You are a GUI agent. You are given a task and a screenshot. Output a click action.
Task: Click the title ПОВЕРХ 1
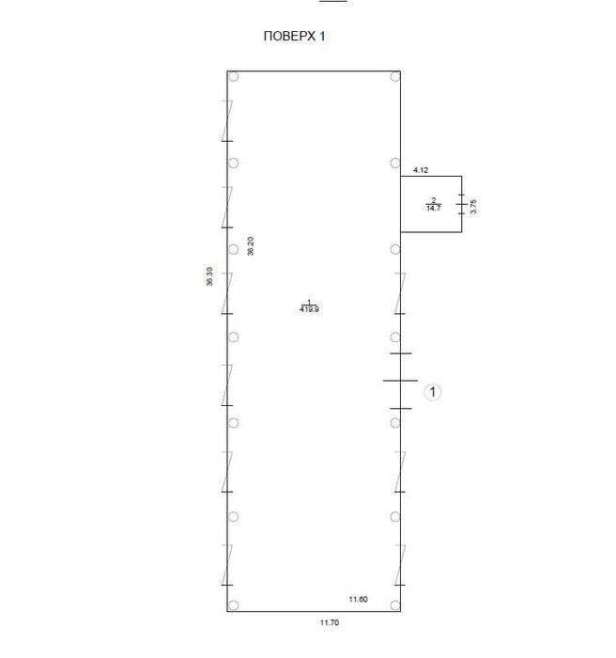(294, 36)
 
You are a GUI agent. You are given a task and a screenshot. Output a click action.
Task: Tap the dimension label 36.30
(209, 276)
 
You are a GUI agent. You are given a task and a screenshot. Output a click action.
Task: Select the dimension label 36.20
(251, 246)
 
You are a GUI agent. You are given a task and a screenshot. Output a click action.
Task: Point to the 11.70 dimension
(330, 622)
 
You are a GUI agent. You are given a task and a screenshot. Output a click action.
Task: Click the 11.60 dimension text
(358, 600)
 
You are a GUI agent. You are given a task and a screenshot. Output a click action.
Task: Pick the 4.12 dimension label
(421, 170)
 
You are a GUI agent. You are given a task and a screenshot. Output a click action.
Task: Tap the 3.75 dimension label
(473, 207)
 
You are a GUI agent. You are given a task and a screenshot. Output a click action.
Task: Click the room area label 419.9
(310, 309)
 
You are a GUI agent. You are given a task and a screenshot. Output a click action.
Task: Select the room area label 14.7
(434, 208)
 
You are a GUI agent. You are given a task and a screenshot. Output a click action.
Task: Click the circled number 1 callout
(432, 392)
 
